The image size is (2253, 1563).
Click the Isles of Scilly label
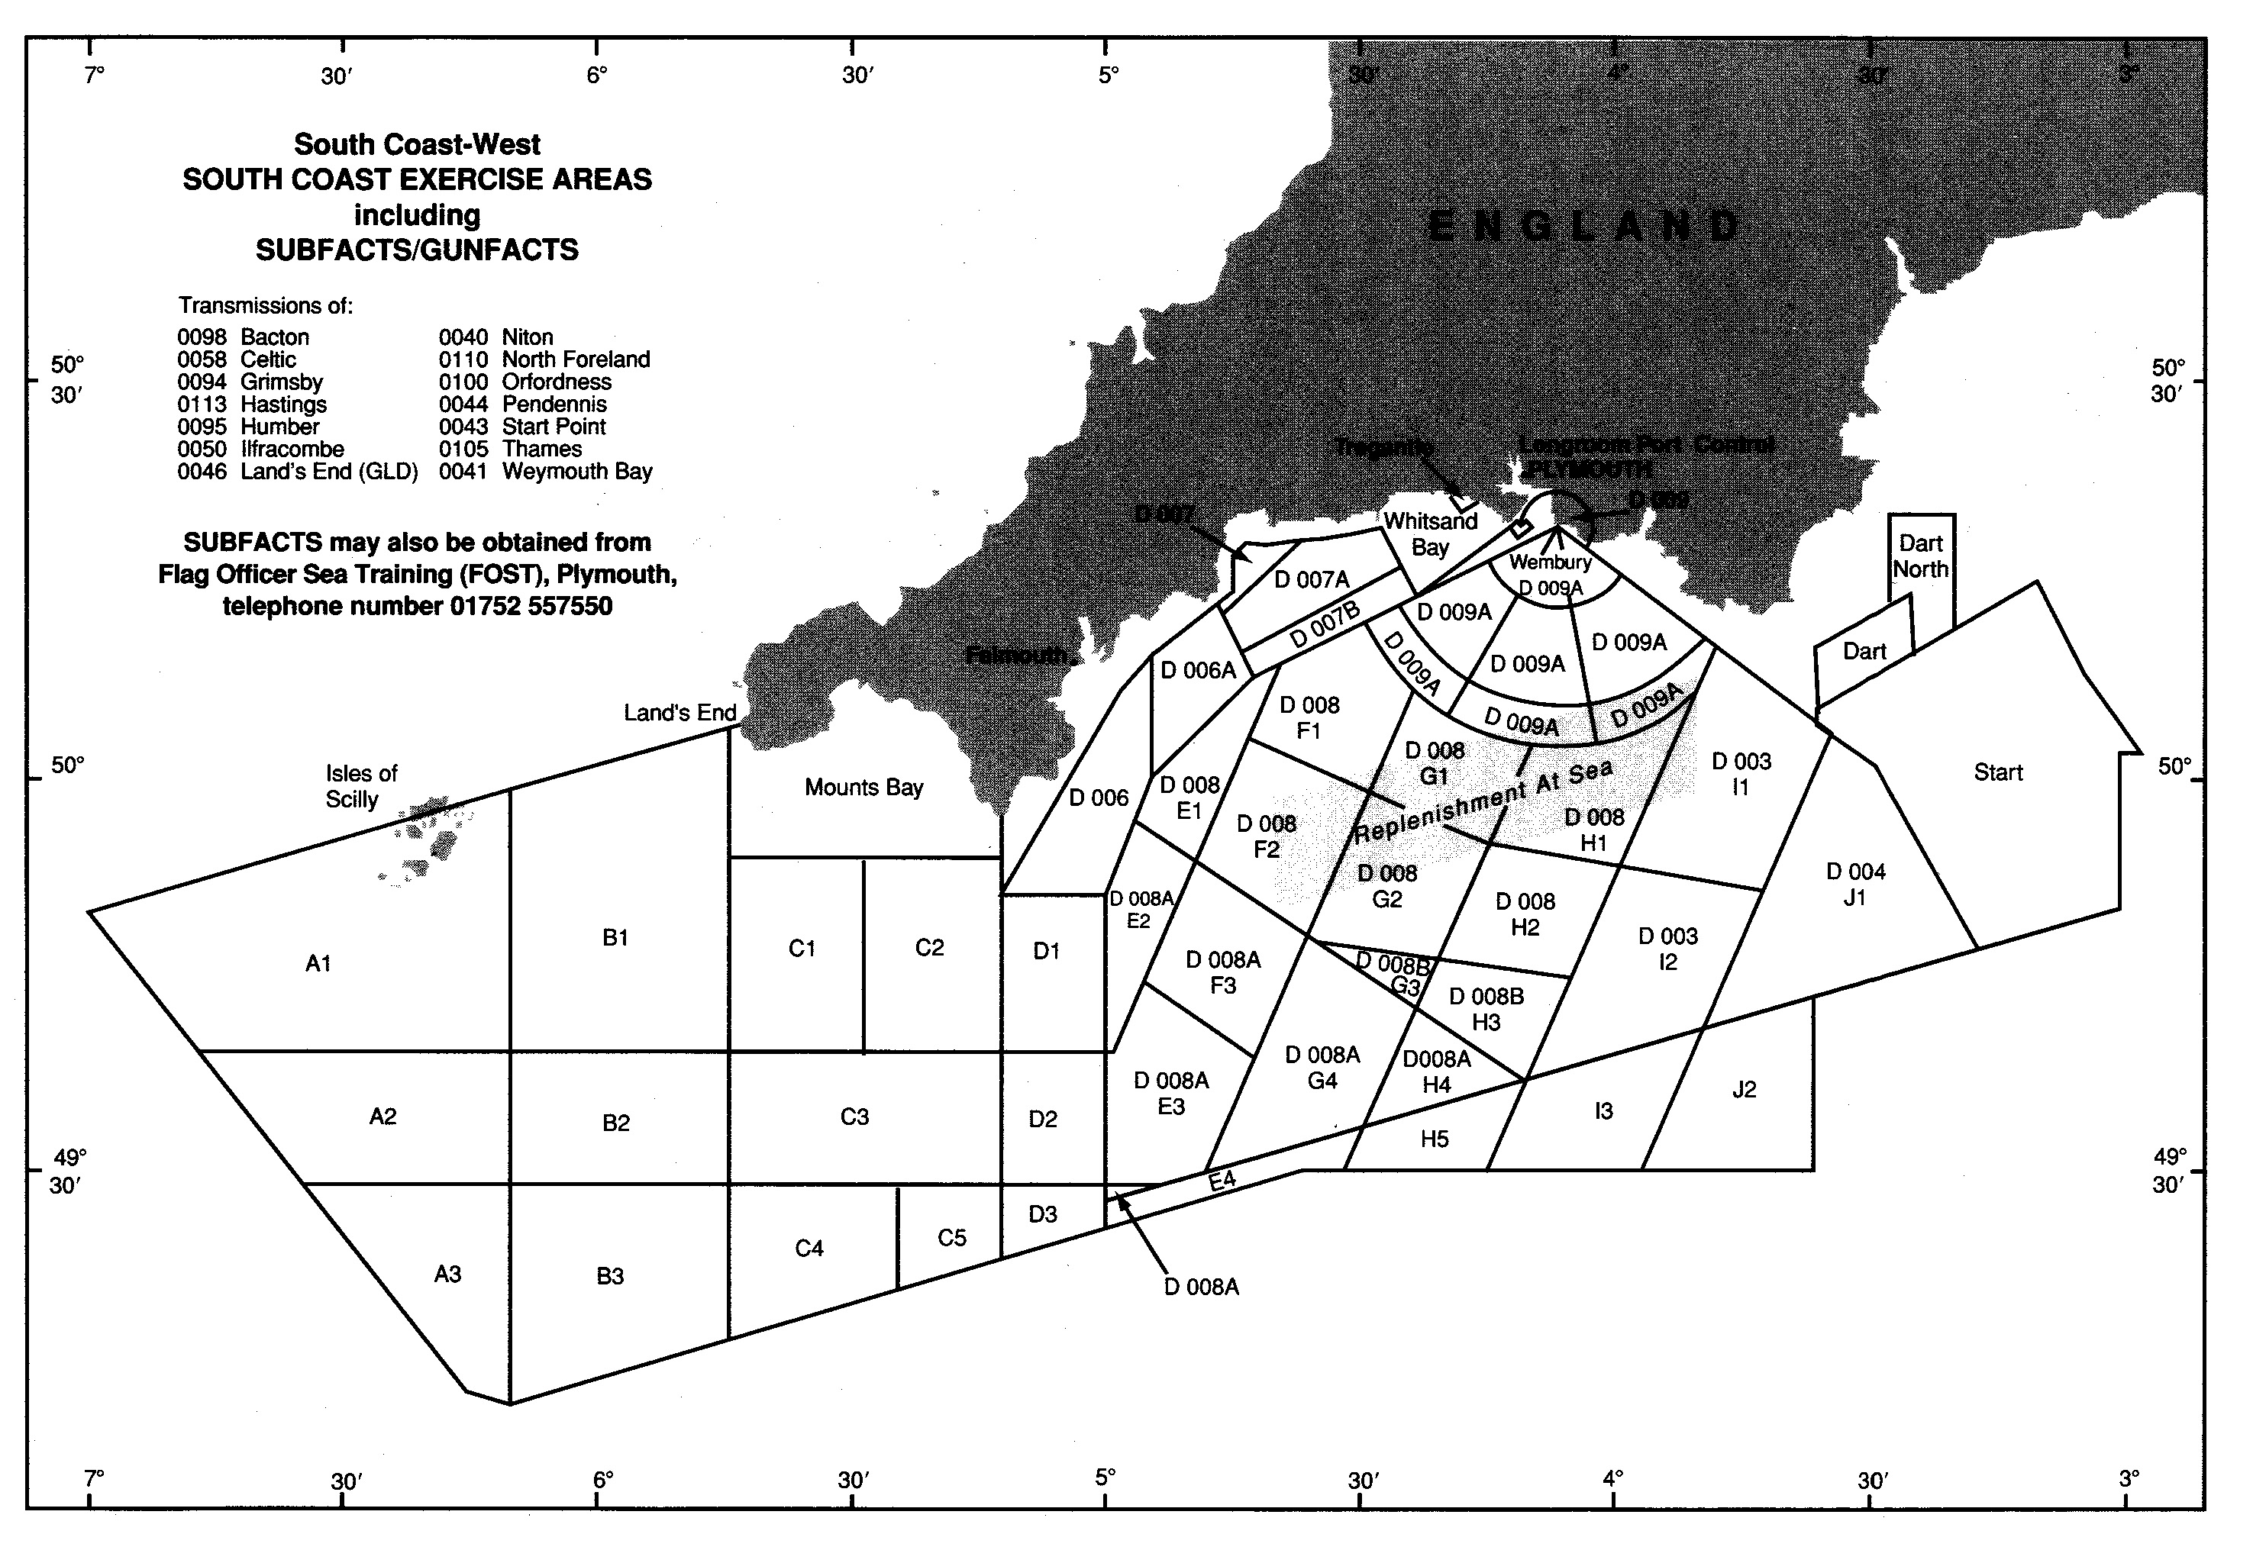(x=360, y=786)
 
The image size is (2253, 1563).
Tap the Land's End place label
(x=679, y=712)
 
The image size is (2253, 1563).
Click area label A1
(x=318, y=964)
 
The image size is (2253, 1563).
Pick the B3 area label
(x=610, y=1275)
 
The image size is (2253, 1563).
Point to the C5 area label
(x=952, y=1238)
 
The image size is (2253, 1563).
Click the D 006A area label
(x=1198, y=670)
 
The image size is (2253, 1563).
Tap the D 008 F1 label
(x=1309, y=717)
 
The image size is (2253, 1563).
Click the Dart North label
(x=1920, y=556)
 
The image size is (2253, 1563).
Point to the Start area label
(x=1997, y=772)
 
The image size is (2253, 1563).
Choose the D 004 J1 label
(x=1855, y=883)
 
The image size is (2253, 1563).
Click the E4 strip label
(x=1222, y=1180)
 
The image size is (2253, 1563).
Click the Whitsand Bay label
(x=1429, y=533)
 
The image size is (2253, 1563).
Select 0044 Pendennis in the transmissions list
(x=522, y=404)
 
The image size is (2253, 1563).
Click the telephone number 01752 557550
(x=531, y=605)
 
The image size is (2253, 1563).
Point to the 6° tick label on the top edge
(x=598, y=75)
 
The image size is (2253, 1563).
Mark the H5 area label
(x=1434, y=1138)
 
